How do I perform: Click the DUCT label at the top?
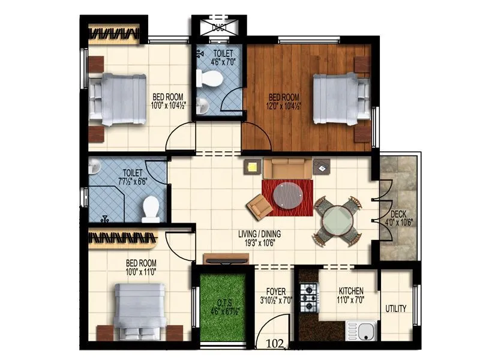point(218,26)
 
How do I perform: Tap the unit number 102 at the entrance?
point(274,344)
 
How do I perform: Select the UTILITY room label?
point(396,309)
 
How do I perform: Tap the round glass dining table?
point(337,220)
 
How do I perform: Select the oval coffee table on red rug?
point(288,195)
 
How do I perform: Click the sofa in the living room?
point(287,168)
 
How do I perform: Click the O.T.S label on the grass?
point(224,302)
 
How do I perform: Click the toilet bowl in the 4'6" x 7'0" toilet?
point(211,78)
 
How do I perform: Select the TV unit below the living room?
point(226,259)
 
